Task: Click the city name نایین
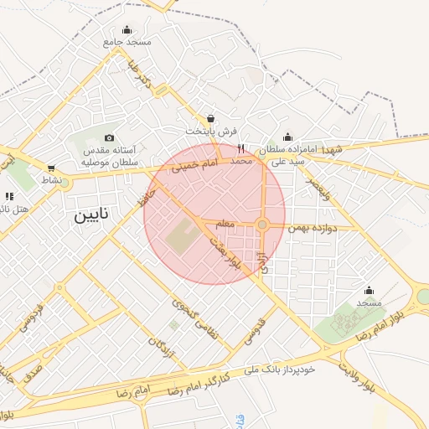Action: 92,215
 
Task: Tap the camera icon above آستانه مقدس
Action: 109,137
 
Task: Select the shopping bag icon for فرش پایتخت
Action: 210,118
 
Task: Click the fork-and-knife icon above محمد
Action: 241,148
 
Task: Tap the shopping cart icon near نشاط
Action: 51,168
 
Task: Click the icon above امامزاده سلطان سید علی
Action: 287,137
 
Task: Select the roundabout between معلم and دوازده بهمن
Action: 262,225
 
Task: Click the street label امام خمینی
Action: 194,167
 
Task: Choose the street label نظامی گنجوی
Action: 194,319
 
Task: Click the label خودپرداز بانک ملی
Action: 280,369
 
